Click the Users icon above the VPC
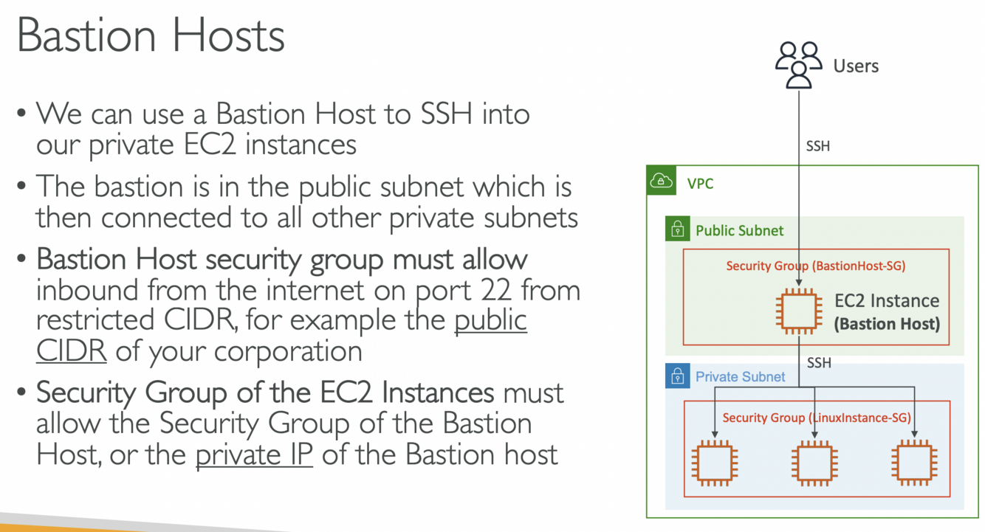tap(798, 65)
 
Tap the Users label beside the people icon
tap(856, 66)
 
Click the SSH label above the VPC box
tap(818, 146)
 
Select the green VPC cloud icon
tap(661, 181)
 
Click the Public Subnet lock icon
tap(677, 230)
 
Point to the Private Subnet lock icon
tap(677, 377)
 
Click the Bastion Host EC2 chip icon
tap(799, 311)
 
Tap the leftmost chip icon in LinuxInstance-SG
tap(714, 463)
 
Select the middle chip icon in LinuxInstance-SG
tap(814, 463)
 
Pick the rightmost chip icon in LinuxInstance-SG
tap(914, 463)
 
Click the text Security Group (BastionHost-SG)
tap(815, 266)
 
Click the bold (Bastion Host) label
tap(887, 323)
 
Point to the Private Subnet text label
tap(740, 377)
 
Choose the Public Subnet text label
tap(739, 231)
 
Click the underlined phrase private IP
tap(254, 453)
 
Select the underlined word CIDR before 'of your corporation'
tap(71, 350)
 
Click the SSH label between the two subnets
tap(819, 363)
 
